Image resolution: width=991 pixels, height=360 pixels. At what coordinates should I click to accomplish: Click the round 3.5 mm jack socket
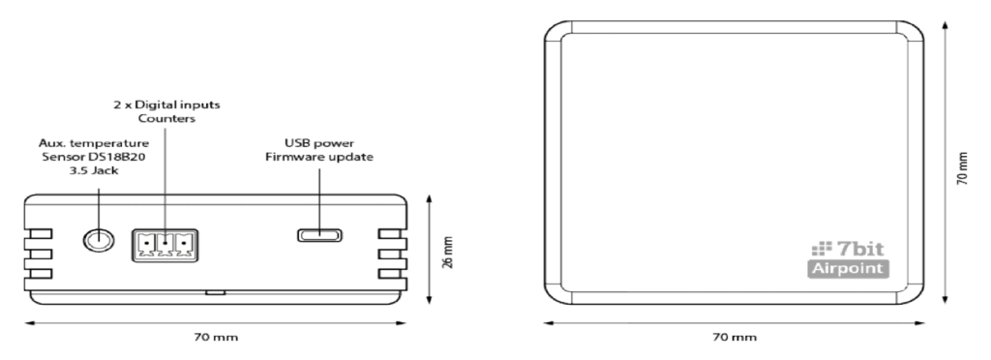coord(100,240)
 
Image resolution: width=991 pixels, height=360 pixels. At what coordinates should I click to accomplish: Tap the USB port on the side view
coord(319,235)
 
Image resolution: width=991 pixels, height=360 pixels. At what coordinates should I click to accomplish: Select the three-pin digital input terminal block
coord(165,245)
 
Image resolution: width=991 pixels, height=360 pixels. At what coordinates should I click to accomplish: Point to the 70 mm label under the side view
coord(216,338)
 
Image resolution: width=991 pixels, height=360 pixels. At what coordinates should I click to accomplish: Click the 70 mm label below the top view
coord(734,338)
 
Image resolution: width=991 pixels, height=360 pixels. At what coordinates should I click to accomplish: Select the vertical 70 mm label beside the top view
coord(962,168)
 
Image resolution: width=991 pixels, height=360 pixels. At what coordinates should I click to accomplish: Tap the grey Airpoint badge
coord(848,268)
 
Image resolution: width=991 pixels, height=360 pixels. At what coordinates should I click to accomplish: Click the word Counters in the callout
coord(166,119)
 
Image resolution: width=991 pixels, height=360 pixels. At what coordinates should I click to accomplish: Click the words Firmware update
coord(319,157)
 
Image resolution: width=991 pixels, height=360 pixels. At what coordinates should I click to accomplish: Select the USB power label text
coord(319,143)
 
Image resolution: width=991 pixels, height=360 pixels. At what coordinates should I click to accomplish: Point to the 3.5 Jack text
coord(94,170)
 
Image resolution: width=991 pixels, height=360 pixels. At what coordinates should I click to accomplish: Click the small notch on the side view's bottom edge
coord(216,293)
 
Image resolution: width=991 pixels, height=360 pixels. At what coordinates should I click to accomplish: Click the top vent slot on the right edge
coord(392,234)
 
